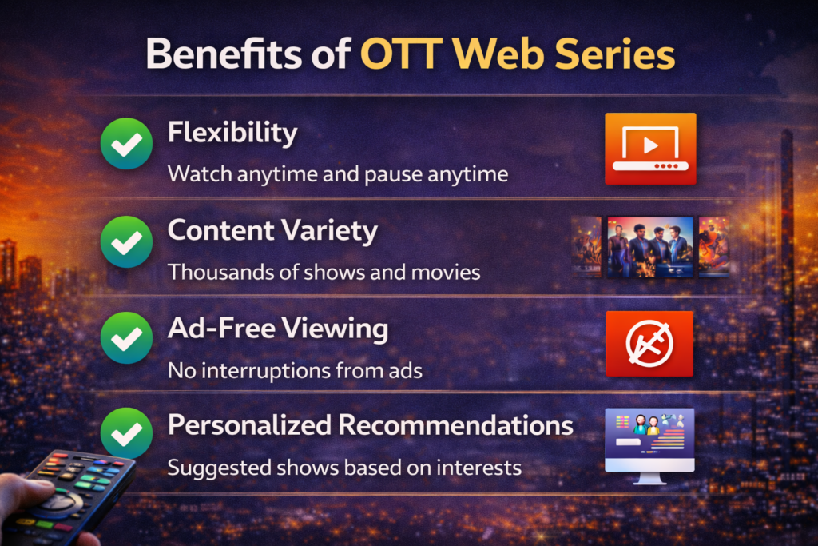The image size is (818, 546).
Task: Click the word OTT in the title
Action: [401, 54]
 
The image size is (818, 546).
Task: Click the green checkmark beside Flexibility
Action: [126, 144]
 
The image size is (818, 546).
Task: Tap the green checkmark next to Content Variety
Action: [126, 241]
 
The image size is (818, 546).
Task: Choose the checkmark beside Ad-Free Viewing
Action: [126, 337]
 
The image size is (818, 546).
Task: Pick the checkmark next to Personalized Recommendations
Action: [126, 433]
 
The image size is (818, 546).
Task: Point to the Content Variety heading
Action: [272, 231]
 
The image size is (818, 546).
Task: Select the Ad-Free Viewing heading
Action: [278, 329]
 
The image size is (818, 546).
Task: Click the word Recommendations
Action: [456, 425]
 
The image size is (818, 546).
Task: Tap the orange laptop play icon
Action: [650, 149]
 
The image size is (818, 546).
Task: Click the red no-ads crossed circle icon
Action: [649, 344]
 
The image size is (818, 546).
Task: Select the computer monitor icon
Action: [649, 446]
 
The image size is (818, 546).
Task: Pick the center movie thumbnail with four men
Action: [650, 247]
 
